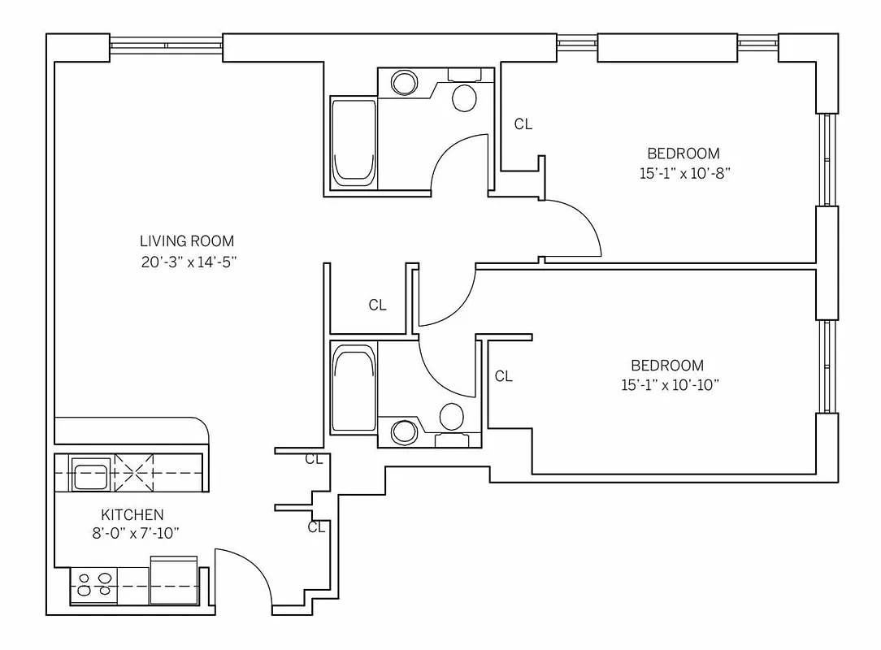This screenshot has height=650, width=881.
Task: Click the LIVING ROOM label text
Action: click(187, 241)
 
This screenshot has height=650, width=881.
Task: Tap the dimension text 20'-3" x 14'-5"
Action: click(187, 262)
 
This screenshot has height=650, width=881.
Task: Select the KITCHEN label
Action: click(132, 514)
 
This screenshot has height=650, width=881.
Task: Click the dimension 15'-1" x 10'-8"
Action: click(683, 173)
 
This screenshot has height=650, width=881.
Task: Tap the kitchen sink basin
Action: click(90, 474)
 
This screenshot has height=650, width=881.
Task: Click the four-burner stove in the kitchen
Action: click(94, 584)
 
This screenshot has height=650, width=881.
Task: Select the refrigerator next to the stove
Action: click(174, 580)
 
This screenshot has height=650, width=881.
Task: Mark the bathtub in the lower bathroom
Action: click(353, 389)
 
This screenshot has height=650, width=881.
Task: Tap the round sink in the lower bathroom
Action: click(403, 432)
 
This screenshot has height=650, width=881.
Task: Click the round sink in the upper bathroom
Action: click(403, 83)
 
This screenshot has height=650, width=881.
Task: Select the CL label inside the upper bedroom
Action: click(523, 124)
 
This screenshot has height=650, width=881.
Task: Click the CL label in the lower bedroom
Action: click(503, 376)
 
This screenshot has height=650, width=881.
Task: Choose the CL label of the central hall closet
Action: click(377, 305)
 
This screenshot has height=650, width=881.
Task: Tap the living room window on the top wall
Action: click(166, 47)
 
